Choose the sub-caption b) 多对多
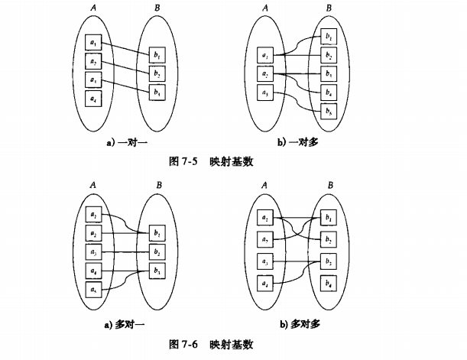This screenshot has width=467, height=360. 299,324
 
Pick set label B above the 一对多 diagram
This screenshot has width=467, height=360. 329,9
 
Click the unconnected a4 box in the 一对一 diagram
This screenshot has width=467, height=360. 92,99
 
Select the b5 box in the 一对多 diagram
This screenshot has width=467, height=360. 328,112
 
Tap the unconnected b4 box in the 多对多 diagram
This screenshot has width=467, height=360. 328,284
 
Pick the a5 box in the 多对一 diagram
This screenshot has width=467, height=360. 92,289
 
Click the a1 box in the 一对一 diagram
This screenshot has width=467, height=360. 92,43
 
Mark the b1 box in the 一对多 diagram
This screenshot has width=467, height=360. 328,36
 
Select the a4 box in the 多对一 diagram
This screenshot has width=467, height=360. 92,270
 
